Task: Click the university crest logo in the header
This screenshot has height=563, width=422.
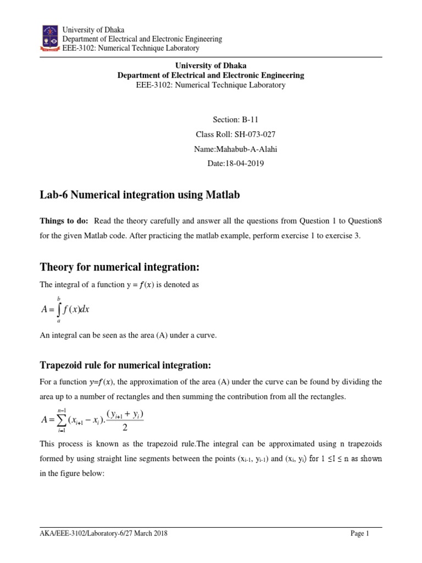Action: pos(49,38)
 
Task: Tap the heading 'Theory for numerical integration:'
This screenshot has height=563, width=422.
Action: pos(119,267)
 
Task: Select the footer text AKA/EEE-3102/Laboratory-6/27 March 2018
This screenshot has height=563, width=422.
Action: pos(104,533)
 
